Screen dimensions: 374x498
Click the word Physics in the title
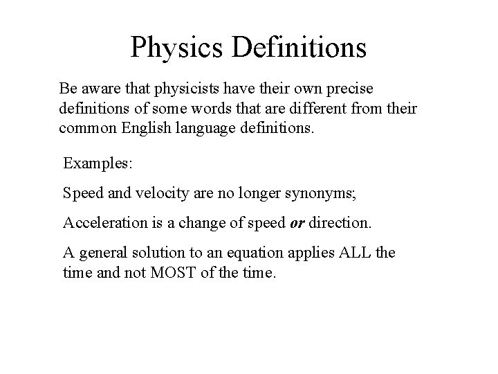(178, 47)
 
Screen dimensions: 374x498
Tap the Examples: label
(92, 163)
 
